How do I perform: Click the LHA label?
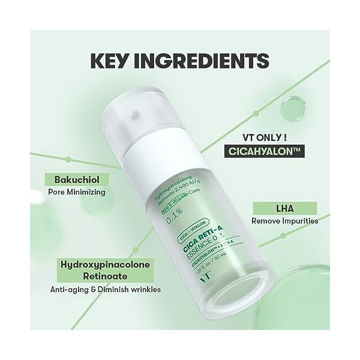(x=283, y=208)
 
